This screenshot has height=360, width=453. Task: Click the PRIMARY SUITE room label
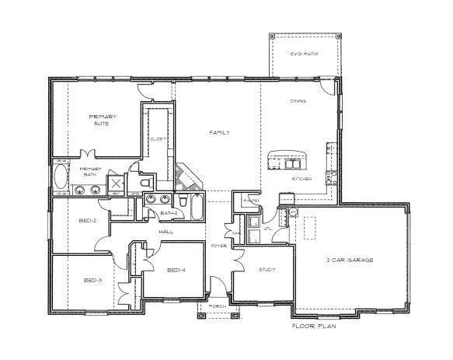coord(102,120)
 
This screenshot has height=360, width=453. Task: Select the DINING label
coord(298,101)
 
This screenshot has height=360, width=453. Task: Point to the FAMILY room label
coord(218,133)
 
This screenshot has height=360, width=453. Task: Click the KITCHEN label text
coord(301,179)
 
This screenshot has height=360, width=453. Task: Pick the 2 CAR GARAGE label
coord(350,260)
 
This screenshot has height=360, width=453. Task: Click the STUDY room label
coord(267,269)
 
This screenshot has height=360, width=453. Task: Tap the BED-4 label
coord(176,270)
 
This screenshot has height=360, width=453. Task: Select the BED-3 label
coord(92,280)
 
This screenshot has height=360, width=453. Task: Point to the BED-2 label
coord(88,220)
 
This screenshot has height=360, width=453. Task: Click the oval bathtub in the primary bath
coord(61,177)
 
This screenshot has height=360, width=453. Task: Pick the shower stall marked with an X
coord(115,183)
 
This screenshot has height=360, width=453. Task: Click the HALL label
coord(165,232)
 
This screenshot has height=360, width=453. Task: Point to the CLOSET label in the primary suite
coord(158,139)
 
